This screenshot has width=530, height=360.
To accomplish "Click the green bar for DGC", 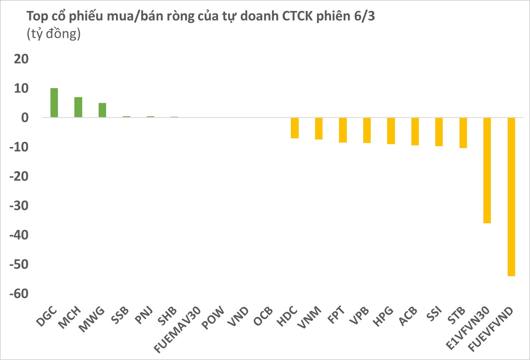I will click(x=54, y=103).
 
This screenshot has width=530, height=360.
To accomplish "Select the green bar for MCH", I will click(x=78, y=107).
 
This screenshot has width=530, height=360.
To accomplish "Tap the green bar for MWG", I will click(x=102, y=110).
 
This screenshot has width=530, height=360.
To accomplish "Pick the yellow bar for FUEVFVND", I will click(x=511, y=197).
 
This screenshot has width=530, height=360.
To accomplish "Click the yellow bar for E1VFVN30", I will click(x=487, y=170).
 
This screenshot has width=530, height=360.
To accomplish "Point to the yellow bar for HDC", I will click(x=295, y=128).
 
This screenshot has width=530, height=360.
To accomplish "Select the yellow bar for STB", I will click(x=463, y=132).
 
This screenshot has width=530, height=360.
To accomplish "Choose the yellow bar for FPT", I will click(x=343, y=130).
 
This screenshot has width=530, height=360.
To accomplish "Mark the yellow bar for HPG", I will click(x=391, y=130).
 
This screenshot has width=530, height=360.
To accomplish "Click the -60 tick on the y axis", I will click(x=19, y=294).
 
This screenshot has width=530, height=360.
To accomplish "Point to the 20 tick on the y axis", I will click(x=21, y=59).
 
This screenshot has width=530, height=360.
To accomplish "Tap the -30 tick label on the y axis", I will click(x=19, y=206).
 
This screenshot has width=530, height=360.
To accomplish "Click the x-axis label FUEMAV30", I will click(x=178, y=329).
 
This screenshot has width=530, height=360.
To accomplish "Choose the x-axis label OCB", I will click(x=263, y=317).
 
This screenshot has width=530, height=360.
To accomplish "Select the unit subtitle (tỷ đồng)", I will click(x=54, y=34).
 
